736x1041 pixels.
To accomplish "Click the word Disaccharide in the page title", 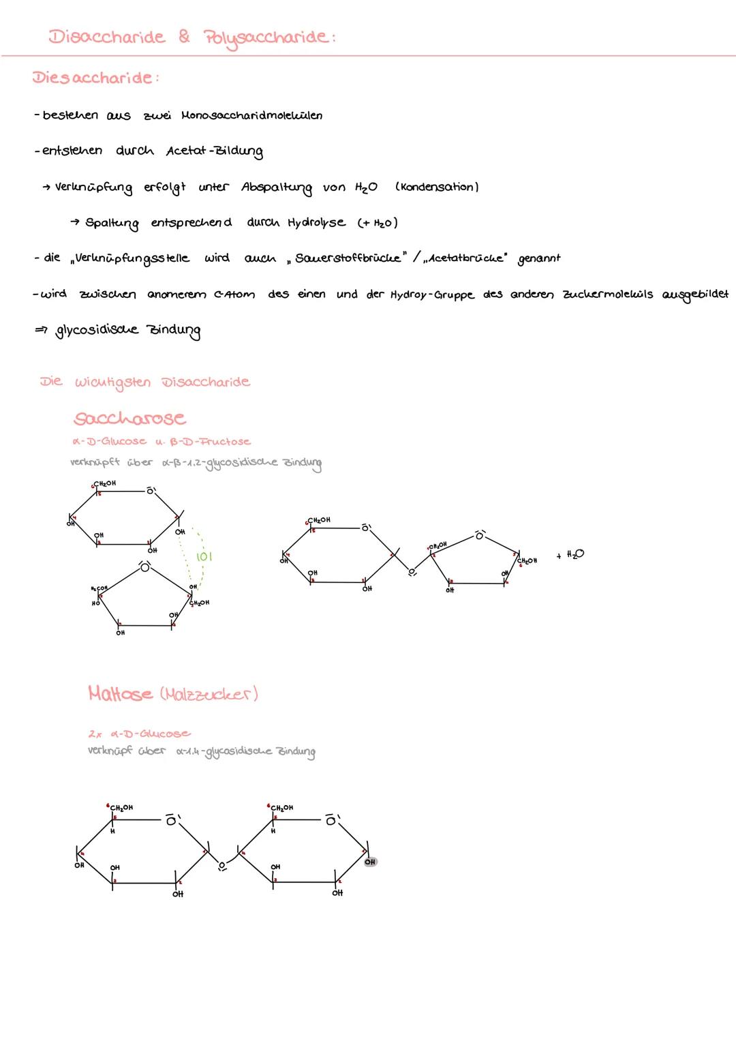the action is pos(106,37).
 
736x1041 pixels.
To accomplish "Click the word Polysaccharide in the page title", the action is pos(267,38).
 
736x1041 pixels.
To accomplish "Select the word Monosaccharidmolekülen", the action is pos(251,115).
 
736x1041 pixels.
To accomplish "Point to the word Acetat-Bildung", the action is pos(214,151).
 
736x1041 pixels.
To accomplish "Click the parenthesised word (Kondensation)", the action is pos(437,187).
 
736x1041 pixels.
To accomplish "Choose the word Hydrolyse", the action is pos(316,223).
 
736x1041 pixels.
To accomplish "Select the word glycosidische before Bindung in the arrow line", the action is pos(97,331).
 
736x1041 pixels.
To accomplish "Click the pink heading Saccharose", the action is pos(129,417).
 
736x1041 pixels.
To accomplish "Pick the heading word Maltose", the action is pos(121,694).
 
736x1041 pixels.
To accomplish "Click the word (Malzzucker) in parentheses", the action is pos(209,694).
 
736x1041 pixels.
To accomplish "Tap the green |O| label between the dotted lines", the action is pos(204,557).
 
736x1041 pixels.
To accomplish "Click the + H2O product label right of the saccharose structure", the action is pos(570,555).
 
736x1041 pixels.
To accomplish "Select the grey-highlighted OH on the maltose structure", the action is pos(370,862).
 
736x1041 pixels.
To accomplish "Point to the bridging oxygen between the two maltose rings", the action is pos(221,867).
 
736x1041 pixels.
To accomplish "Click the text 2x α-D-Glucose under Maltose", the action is pos(139,734).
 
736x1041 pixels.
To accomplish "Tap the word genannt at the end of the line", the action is pos(539,259).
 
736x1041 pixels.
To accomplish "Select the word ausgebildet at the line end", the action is pos(694,295).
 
